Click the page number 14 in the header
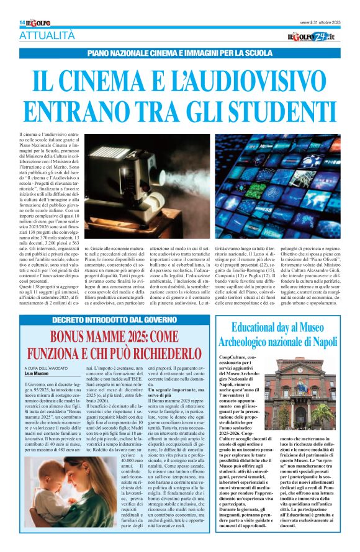22,22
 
